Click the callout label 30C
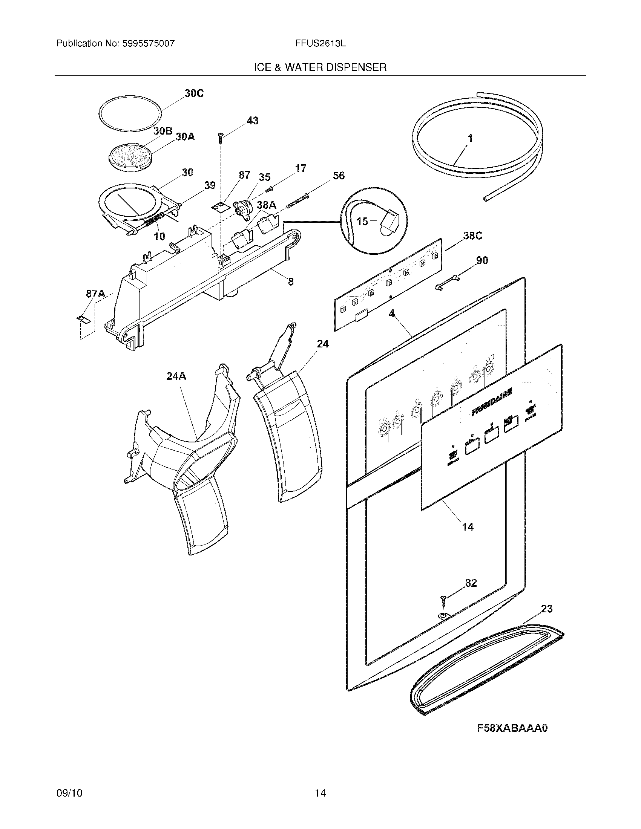pos(194,93)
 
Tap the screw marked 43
pos(220,138)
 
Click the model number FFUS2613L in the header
pos(320,43)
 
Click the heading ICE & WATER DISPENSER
pos(320,67)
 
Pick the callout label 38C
pos(472,236)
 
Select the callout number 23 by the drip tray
pos(546,609)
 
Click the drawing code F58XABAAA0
pos(512,728)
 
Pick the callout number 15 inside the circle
pos(363,221)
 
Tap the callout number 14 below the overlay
pos(468,526)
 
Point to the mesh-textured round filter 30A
pos(130,156)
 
